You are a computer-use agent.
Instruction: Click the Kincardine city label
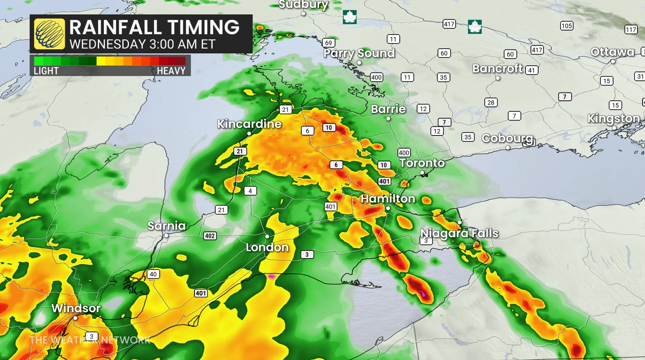coord(249,124)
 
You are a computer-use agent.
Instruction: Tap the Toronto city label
coord(422,163)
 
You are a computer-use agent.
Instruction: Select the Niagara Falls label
coord(459,233)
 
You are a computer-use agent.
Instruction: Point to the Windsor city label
coord(76,308)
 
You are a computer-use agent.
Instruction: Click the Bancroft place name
coord(497,69)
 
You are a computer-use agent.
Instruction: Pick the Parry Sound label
coord(359,53)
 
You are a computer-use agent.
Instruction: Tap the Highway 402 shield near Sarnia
coord(210,236)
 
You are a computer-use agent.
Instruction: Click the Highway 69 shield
coord(328,43)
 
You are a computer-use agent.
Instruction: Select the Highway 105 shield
coord(567,26)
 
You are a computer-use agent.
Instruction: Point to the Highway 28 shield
coord(491,102)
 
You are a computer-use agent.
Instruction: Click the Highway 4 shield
coord(250,191)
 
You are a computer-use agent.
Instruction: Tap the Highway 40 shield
coord(153,274)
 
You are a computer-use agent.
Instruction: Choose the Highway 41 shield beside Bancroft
coord(532,70)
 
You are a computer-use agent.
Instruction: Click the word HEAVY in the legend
coord(171,71)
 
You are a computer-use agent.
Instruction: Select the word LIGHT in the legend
coord(46,71)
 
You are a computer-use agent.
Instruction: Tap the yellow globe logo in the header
coord(49,34)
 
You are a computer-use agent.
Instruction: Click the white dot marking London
coord(267,236)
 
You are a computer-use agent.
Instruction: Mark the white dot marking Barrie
coord(388,119)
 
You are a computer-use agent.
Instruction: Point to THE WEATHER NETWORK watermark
coord(90,340)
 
